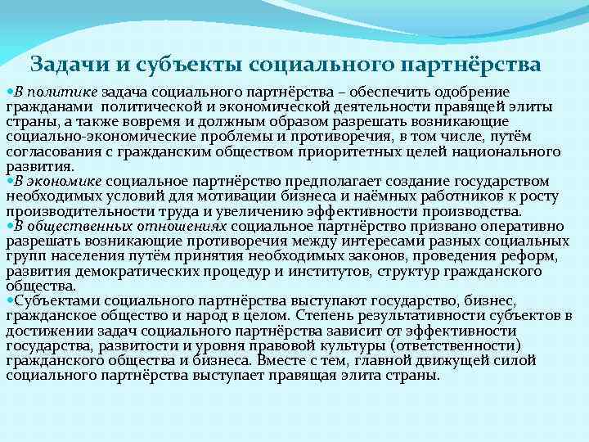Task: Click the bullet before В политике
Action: click(x=9, y=90)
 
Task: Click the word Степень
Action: click(x=324, y=316)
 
